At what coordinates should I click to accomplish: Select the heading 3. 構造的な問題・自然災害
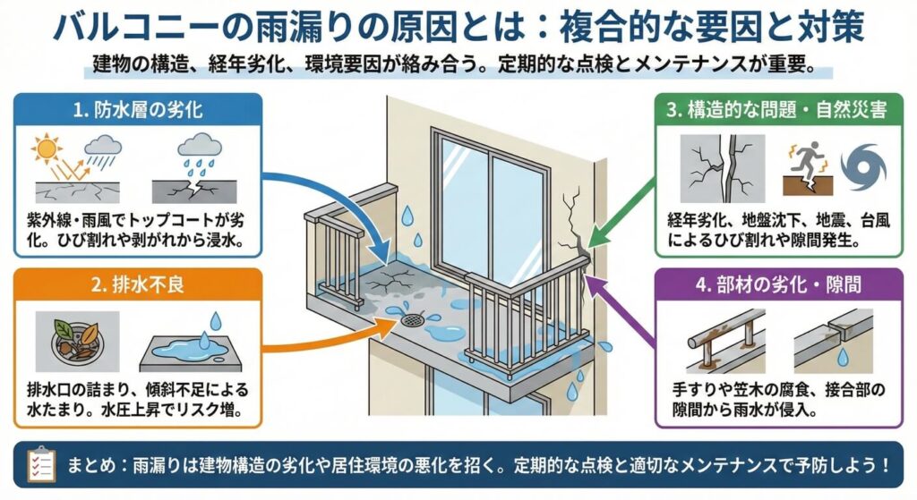point(777,112)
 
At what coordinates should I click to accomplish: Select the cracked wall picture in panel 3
point(722,169)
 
